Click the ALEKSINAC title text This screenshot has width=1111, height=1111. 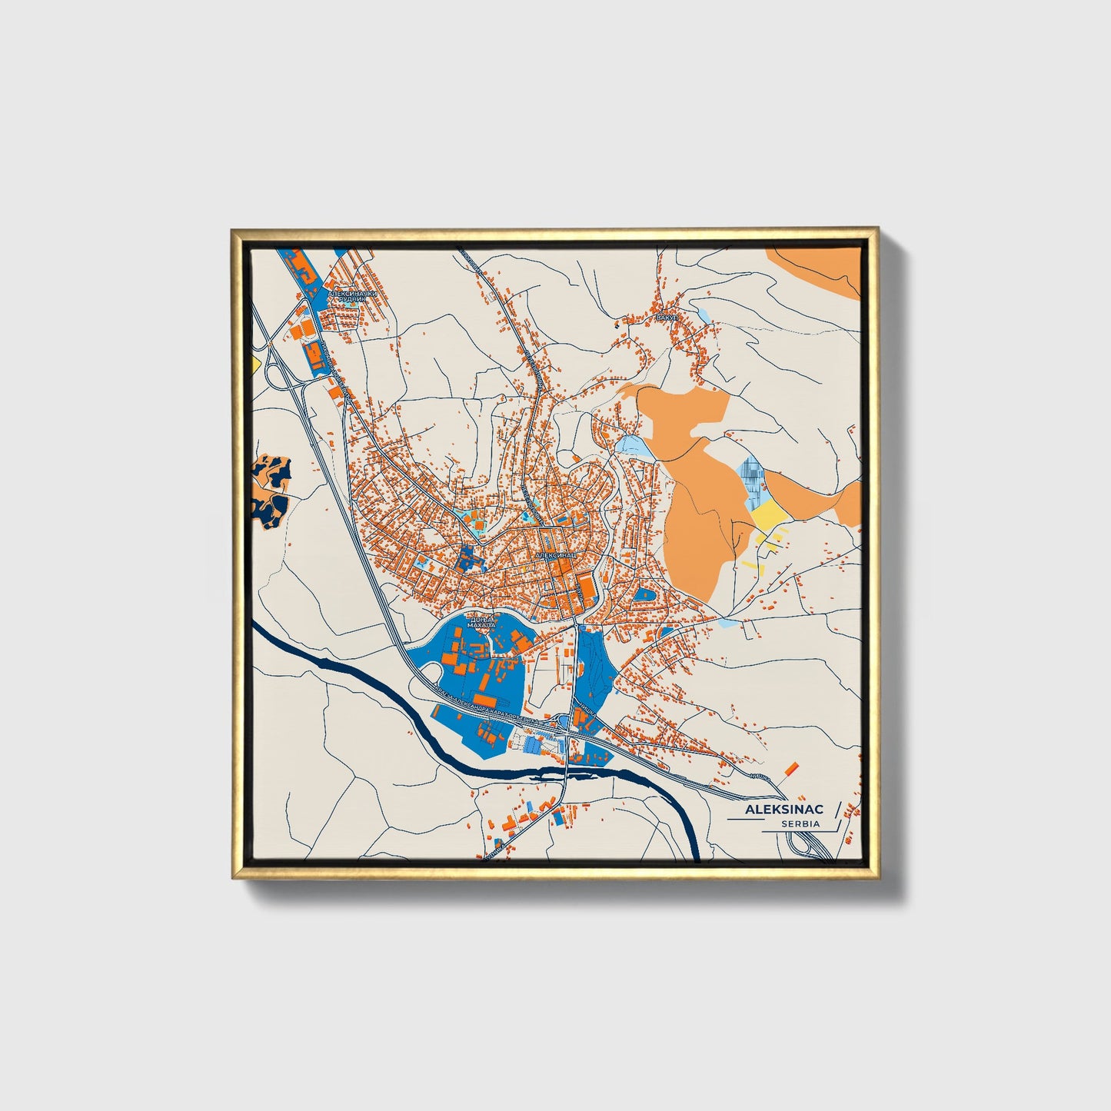tap(783, 810)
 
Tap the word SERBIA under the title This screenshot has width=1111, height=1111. tap(800, 824)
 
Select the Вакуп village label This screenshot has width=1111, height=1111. tap(665, 317)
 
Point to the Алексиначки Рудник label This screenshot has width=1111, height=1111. tap(353, 297)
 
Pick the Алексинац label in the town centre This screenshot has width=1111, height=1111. tap(555, 554)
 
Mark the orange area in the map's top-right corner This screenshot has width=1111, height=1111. tap(815, 269)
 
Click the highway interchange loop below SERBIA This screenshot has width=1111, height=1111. tap(807, 846)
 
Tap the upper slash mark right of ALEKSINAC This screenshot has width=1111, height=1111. tap(837, 810)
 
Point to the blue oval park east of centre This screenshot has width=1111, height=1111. tap(644, 594)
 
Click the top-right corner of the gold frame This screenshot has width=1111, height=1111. tap(876, 229)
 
